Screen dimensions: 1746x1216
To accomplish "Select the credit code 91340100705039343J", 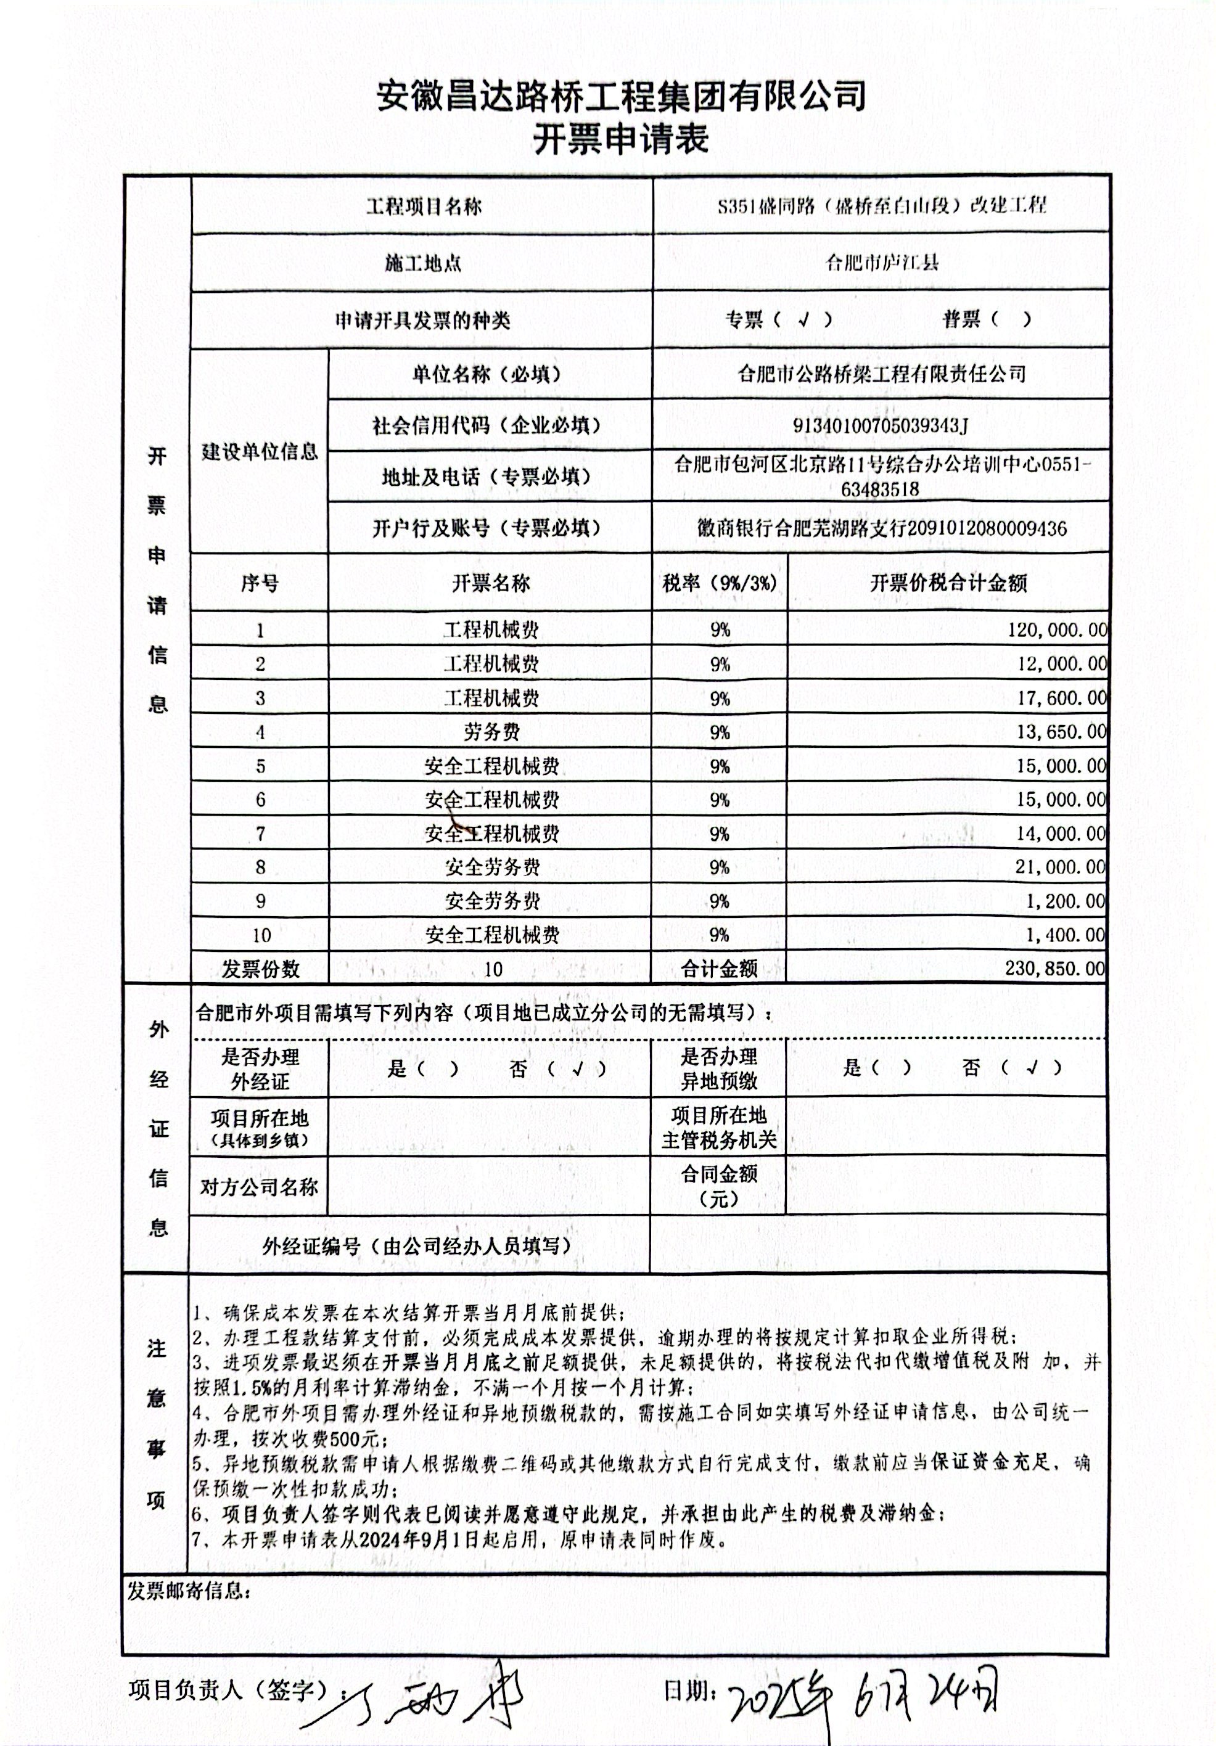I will (880, 425).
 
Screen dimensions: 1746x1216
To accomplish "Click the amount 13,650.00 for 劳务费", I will (1061, 732).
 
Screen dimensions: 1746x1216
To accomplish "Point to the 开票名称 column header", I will (490, 583).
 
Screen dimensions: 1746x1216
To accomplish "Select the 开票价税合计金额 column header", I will (948, 583).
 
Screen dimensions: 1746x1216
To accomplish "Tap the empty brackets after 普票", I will (1010, 319).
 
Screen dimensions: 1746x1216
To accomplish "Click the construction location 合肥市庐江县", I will (882, 263).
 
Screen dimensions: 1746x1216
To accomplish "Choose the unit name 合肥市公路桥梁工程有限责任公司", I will (882, 374).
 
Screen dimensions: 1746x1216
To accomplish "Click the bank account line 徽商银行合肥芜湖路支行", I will (882, 528).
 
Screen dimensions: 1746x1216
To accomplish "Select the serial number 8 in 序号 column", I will (260, 867).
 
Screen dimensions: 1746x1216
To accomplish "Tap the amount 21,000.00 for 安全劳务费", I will (1059, 867).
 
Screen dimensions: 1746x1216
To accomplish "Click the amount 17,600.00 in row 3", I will (1061, 698).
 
